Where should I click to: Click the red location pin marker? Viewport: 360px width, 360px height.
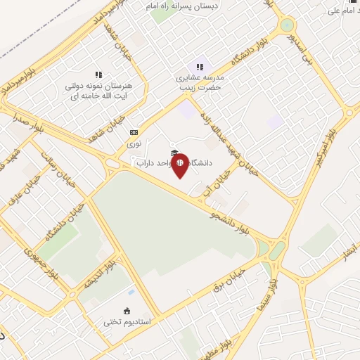(x=180, y=165)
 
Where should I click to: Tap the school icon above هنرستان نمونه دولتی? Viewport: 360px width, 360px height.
(x=98, y=74)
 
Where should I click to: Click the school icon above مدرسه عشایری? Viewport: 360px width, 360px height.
(x=200, y=67)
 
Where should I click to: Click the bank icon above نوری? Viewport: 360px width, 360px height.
(x=134, y=131)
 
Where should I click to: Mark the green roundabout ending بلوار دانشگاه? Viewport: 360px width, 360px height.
(x=287, y=25)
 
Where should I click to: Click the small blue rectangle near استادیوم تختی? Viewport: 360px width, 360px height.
(x=131, y=291)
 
